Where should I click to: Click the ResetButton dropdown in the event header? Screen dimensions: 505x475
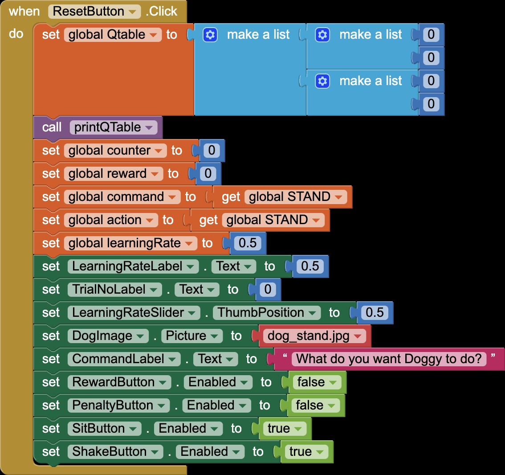coord(94,11)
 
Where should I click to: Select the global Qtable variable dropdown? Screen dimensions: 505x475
coord(113,34)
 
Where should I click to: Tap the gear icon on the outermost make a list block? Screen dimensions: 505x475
coord(210,34)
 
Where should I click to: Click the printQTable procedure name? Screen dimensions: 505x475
coord(114,127)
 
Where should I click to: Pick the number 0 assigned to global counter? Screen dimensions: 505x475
coord(212,151)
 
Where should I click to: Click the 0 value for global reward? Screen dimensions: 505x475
coord(208,174)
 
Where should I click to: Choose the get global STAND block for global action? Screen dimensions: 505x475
coord(260,220)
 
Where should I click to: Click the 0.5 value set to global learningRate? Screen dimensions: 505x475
coord(248,243)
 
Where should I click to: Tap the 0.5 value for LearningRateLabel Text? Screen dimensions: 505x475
coord(310,266)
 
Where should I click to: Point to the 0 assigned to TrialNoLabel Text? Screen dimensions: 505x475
coord(268,290)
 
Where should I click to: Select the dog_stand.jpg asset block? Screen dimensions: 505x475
coord(314,336)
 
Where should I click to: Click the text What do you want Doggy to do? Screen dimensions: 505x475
coord(389,359)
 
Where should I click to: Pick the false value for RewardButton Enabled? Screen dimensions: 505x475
coord(317,382)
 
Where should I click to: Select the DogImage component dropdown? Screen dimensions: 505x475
coord(108,336)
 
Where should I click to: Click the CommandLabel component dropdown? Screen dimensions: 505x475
coord(124,359)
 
